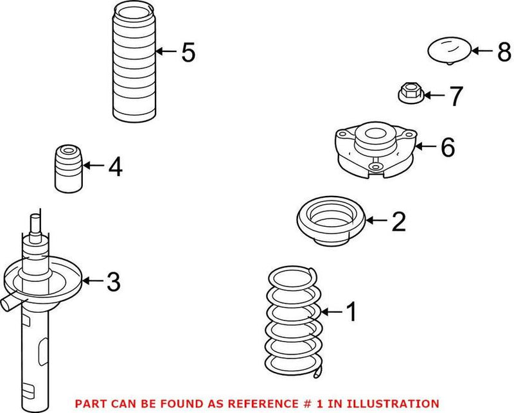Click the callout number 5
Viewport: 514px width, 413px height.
188,52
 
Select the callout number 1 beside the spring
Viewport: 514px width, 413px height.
351,313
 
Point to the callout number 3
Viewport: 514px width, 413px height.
113,281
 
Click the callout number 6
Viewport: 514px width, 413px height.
447,148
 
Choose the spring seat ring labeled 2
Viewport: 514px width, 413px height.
329,222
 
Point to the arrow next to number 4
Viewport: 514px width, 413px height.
93,166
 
